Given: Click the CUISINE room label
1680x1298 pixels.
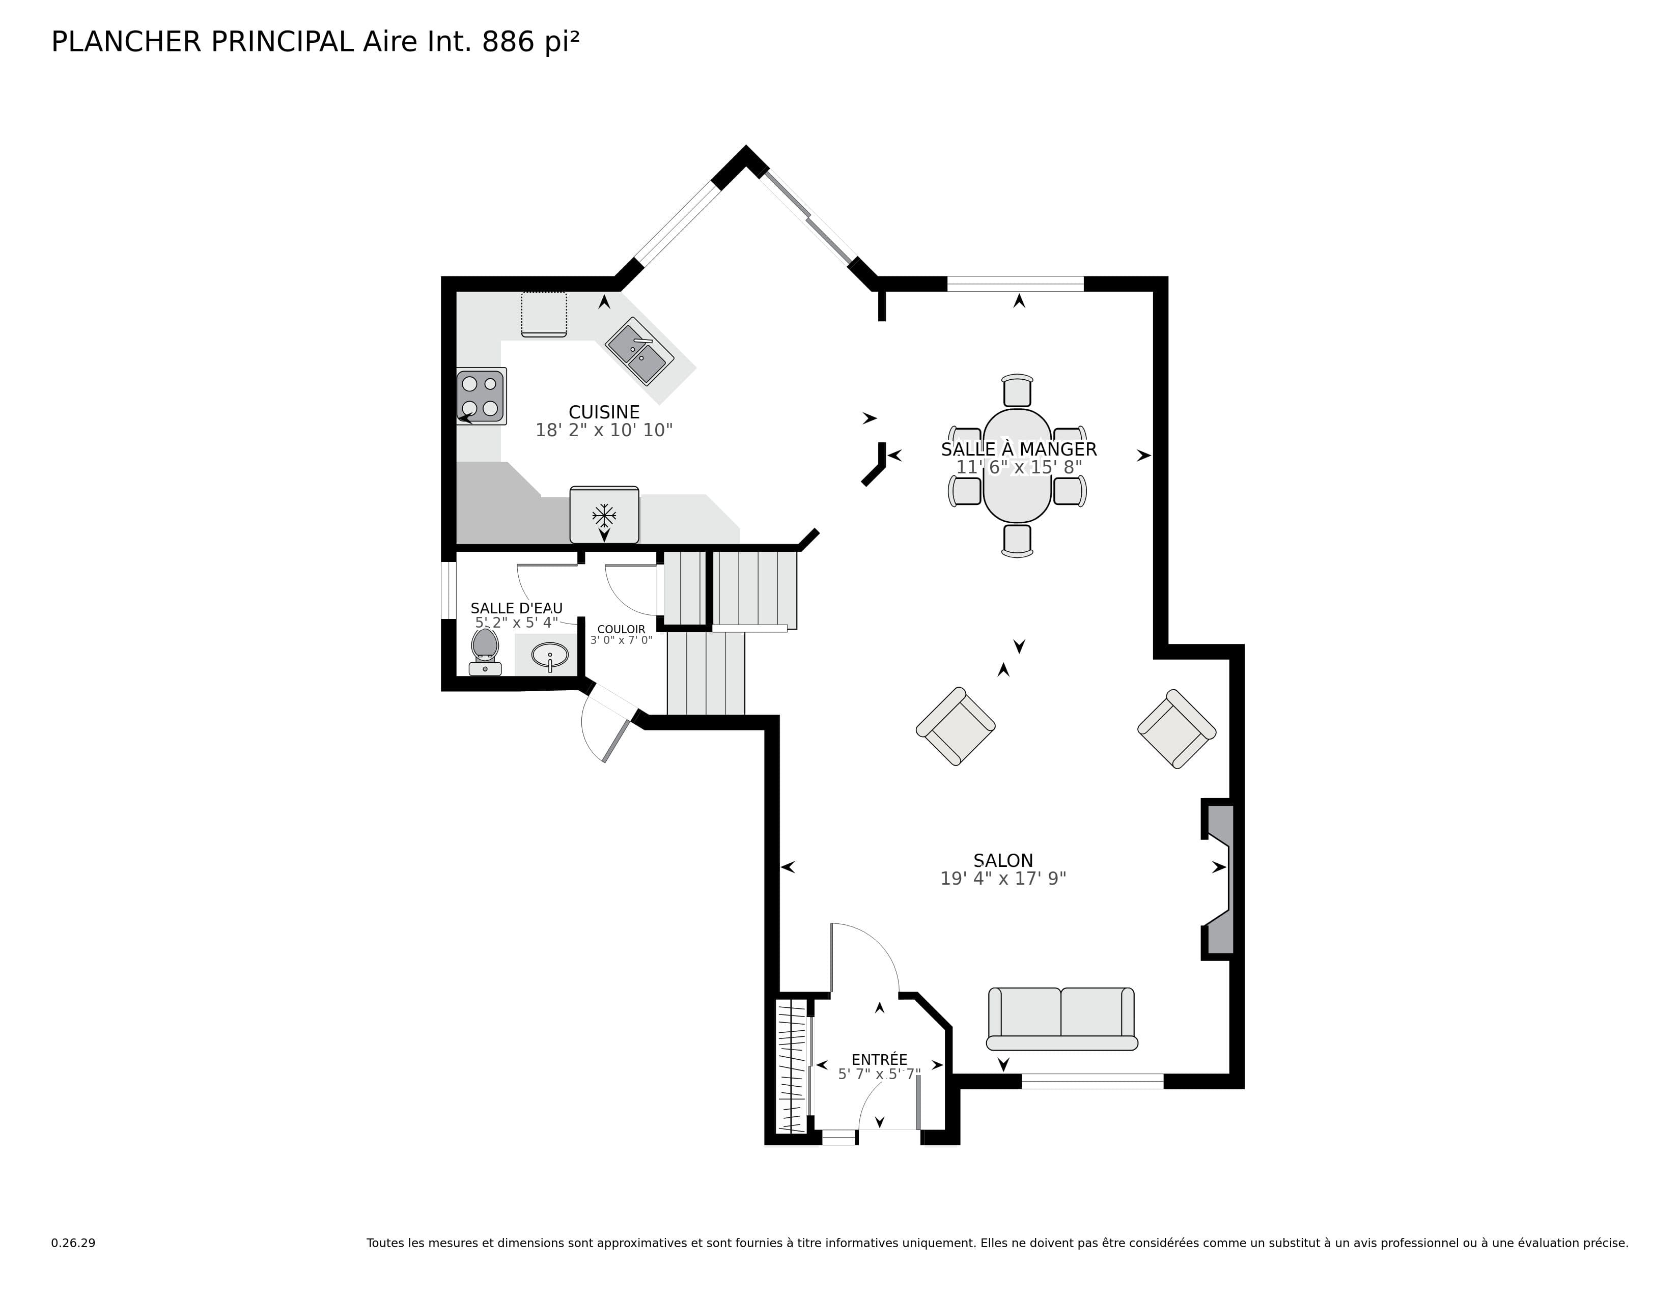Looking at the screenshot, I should (604, 412).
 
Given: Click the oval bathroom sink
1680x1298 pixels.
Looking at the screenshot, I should (551, 655).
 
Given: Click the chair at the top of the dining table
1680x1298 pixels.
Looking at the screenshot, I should (1017, 390).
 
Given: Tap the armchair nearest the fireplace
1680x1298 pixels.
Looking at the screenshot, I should (1176, 728).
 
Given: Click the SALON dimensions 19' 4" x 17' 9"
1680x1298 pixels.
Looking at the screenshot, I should (1002, 878).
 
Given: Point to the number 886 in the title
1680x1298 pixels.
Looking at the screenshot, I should (508, 42).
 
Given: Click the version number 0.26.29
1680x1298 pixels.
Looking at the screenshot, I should (73, 1243).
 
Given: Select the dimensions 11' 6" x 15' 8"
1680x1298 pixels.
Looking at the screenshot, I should (1019, 467).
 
